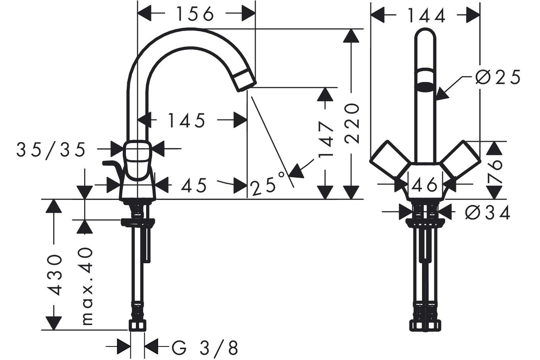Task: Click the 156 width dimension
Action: click(195, 14)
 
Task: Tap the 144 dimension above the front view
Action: click(426, 16)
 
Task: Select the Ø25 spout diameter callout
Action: click(498, 77)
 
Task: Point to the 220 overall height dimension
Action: click(352, 123)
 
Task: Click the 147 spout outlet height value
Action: click(326, 139)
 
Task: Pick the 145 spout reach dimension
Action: click(187, 120)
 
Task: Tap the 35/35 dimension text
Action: click(51, 150)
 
